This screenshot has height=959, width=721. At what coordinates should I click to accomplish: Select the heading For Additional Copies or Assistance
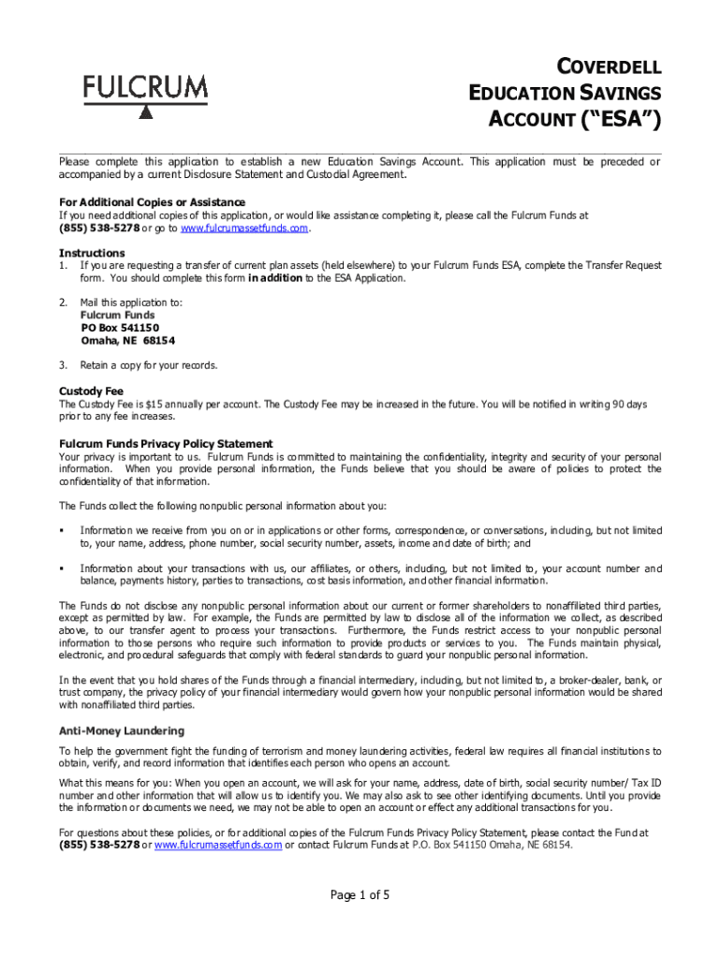(x=152, y=202)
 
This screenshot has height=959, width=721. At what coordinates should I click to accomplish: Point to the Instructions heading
(x=92, y=253)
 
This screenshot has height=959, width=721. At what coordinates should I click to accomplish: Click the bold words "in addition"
(x=274, y=278)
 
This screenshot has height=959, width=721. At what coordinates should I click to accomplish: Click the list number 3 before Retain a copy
(x=63, y=365)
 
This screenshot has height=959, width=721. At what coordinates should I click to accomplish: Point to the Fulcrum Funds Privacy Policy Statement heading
(x=167, y=444)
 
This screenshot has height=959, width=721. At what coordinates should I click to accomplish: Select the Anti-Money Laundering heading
(x=122, y=730)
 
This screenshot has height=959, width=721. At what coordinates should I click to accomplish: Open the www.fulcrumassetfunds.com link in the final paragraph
(x=217, y=845)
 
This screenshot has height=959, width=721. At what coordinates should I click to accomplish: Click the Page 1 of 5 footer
(x=360, y=895)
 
